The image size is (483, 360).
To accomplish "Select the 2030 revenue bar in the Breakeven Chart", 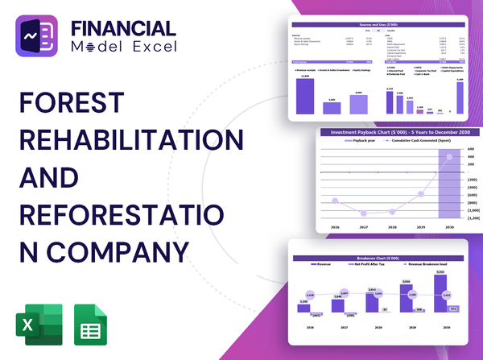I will coord(439,295).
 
